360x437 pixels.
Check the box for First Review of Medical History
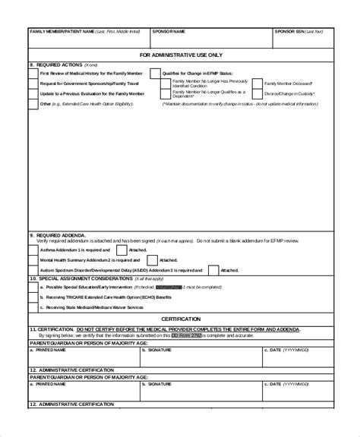tap(33, 73)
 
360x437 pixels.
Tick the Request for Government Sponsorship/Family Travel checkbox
tap(33, 83)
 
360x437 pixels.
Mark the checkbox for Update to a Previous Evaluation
tap(33, 93)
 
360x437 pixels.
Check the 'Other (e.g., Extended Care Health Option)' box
tap(33, 102)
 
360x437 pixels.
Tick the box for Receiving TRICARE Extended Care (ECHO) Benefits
tap(33, 297)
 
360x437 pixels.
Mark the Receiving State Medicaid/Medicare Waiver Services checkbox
tap(33, 307)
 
